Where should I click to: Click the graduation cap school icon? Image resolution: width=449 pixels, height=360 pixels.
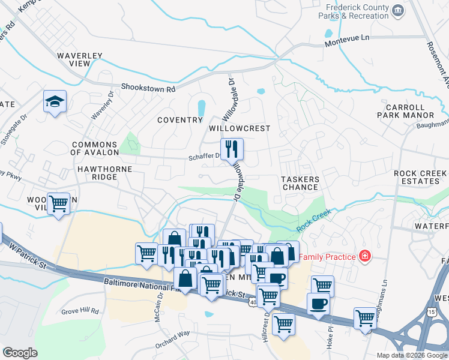(x=54, y=102)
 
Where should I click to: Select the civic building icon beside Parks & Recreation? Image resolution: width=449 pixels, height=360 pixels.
(x=397, y=11)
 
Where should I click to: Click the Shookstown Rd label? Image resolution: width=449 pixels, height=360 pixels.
(x=148, y=88)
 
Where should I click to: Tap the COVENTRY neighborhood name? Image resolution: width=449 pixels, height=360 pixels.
(x=180, y=120)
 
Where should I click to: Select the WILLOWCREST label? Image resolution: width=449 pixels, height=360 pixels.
(x=239, y=129)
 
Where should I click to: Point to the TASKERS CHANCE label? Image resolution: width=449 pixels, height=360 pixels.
(x=300, y=183)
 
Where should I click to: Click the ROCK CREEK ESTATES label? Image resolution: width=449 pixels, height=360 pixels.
(x=420, y=178)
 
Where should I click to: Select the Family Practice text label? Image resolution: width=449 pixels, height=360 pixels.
(x=327, y=257)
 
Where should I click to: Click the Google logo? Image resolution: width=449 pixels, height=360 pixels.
(x=19, y=353)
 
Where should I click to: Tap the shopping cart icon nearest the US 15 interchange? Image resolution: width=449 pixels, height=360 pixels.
(x=364, y=317)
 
